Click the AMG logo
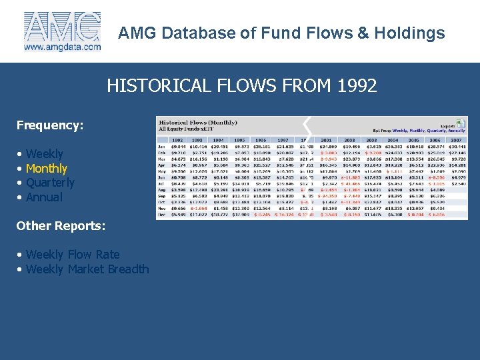click(x=62, y=27)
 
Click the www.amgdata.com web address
click(x=62, y=47)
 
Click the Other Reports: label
click(x=61, y=226)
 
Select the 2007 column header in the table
click(x=455, y=140)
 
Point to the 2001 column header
click(x=327, y=140)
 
